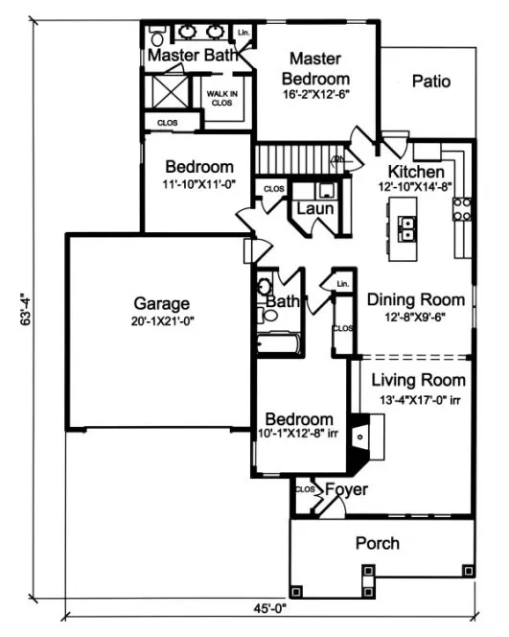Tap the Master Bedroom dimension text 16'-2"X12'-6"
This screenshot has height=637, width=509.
tap(317, 96)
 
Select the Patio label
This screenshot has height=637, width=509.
tap(430, 82)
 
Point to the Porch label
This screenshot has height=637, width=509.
tap(378, 543)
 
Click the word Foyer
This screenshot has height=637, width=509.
tap(345, 490)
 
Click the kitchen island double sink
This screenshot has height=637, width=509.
tap(407, 230)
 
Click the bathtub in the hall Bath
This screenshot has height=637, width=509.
tap(279, 343)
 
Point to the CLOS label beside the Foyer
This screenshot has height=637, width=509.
tap(306, 490)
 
